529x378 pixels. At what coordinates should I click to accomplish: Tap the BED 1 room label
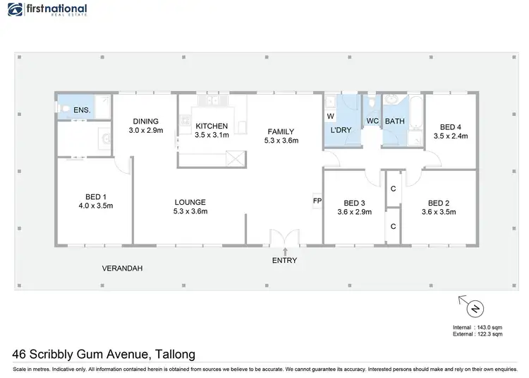pyautogui.click(x=96, y=196)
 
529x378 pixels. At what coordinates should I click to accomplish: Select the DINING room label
pyautogui.click(x=146, y=122)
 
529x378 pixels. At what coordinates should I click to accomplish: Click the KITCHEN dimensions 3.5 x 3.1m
pyautogui.click(x=212, y=135)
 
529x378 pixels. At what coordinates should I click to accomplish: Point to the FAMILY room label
pyautogui.click(x=280, y=131)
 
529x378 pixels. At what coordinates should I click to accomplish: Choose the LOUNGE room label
pyautogui.click(x=190, y=202)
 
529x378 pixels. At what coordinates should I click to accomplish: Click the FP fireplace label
pyautogui.click(x=317, y=201)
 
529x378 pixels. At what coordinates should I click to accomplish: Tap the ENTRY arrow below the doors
pyautogui.click(x=285, y=251)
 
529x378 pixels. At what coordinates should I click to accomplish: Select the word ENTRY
pyautogui.click(x=285, y=261)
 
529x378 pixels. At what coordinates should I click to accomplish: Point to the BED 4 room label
pyautogui.click(x=451, y=126)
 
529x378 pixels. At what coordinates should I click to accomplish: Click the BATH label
pyautogui.click(x=395, y=122)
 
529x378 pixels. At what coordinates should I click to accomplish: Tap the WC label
pyautogui.click(x=373, y=121)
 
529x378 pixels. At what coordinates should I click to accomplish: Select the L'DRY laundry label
pyautogui.click(x=342, y=131)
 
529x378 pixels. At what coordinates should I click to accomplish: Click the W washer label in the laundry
pyautogui.click(x=330, y=116)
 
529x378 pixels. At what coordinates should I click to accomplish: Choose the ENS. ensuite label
pyautogui.click(x=82, y=111)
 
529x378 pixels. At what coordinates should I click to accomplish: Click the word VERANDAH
pyautogui.click(x=123, y=268)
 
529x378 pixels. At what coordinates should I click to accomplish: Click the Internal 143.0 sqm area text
pyautogui.click(x=477, y=328)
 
